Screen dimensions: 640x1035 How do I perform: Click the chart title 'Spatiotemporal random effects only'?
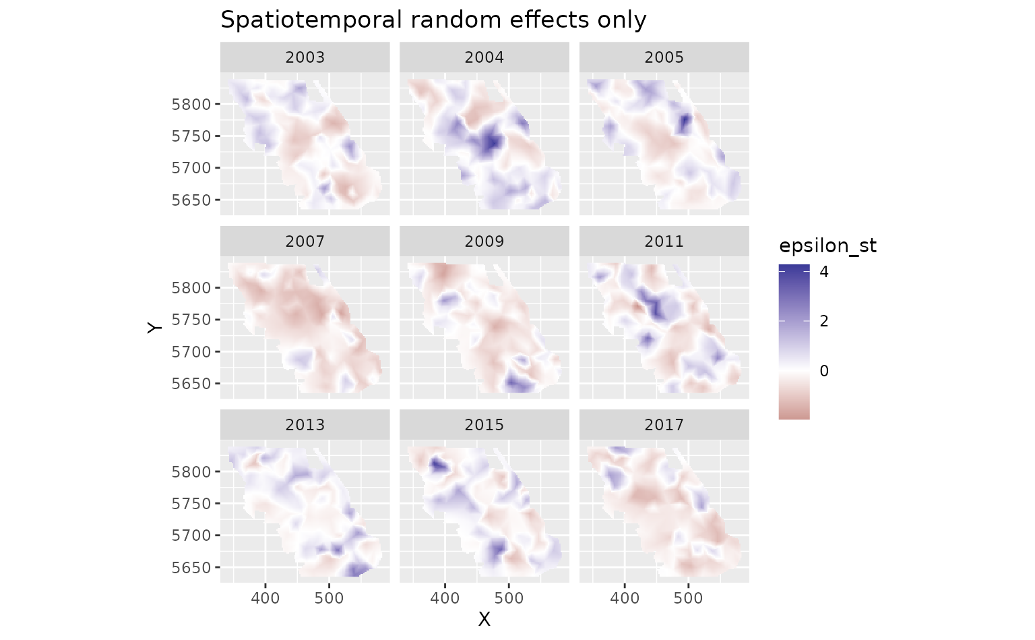[433, 20]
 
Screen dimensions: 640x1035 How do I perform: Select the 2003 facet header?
[305, 57]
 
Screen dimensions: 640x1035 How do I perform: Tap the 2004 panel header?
[484, 57]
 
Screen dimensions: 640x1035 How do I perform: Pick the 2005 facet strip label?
[664, 57]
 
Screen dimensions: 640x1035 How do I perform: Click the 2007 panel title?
[305, 241]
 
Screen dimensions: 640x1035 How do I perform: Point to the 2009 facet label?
[484, 241]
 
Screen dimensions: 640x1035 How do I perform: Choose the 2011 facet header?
[664, 241]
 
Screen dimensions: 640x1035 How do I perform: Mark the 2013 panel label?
[305, 425]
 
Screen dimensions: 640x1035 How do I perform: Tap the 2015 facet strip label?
[484, 425]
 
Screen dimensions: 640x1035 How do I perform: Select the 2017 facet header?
[664, 425]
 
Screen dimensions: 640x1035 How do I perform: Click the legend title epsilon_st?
[827, 246]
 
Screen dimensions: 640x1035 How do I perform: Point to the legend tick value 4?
[824, 272]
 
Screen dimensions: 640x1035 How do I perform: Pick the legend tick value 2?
[824, 321]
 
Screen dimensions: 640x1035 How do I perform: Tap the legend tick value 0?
[824, 371]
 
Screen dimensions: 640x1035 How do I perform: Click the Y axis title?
[156, 327]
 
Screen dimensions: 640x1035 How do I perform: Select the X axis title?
[484, 619]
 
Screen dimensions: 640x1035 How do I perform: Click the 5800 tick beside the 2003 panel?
[191, 105]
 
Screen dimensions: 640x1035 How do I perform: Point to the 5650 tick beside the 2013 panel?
[191, 568]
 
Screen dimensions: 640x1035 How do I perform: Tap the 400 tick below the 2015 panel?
[445, 598]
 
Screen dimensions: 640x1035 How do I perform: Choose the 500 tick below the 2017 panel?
[688, 598]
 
